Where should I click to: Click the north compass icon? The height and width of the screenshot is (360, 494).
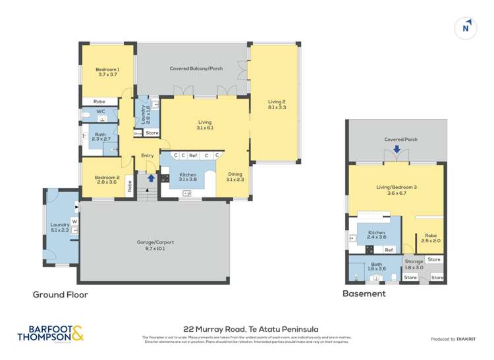click(466, 28)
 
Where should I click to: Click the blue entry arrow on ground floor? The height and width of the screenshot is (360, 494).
click(151, 178)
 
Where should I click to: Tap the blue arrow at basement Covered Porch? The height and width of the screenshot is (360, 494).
click(397, 149)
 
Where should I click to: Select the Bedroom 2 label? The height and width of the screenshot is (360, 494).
click(107, 180)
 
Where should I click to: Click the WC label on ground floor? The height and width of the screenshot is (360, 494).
click(101, 112)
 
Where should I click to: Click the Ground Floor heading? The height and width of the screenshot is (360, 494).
click(60, 295)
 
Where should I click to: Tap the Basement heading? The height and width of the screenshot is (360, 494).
click(364, 294)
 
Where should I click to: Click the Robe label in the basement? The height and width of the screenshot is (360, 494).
click(431, 238)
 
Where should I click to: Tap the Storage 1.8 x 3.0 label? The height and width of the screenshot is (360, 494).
click(414, 265)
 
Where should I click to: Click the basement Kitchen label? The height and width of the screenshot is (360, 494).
click(376, 234)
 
